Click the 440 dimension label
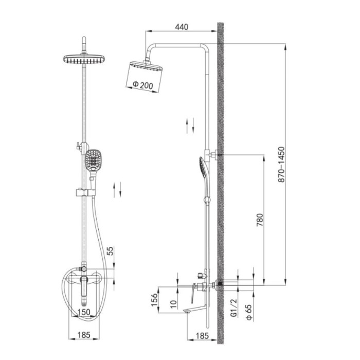pos(182,27)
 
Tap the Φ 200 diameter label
pos(143,85)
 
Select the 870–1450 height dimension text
pos(281,165)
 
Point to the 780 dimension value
pos(260,220)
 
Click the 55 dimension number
pos(110,251)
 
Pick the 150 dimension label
pos(84,312)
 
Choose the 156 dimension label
pos(154,300)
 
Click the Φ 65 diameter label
pos(249,312)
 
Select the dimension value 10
pos(174,304)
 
